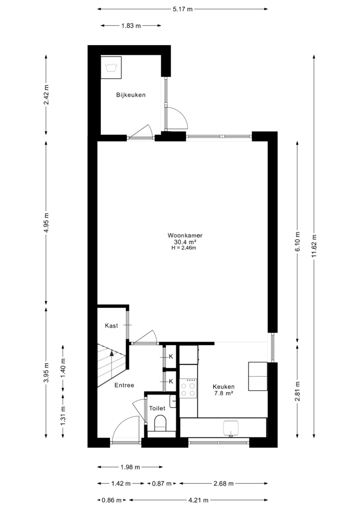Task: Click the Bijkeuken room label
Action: click(x=131, y=95)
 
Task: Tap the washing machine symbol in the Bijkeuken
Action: click(x=111, y=67)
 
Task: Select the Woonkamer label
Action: click(x=185, y=235)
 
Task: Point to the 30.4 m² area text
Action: click(x=184, y=242)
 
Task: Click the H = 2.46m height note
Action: click(x=184, y=248)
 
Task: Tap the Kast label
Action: click(x=111, y=326)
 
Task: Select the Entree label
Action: click(x=124, y=385)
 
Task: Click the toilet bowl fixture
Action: click(x=160, y=423)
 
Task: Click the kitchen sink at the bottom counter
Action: click(x=231, y=429)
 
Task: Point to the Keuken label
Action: click(x=223, y=387)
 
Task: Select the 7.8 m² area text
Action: click(x=223, y=393)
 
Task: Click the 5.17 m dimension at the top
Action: click(x=183, y=9)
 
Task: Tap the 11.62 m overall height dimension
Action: click(x=313, y=246)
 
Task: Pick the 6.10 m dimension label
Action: click(x=297, y=241)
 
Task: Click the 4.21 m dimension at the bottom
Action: click(x=198, y=500)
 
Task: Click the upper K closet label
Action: click(x=171, y=356)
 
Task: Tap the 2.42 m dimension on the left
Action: click(x=46, y=95)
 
